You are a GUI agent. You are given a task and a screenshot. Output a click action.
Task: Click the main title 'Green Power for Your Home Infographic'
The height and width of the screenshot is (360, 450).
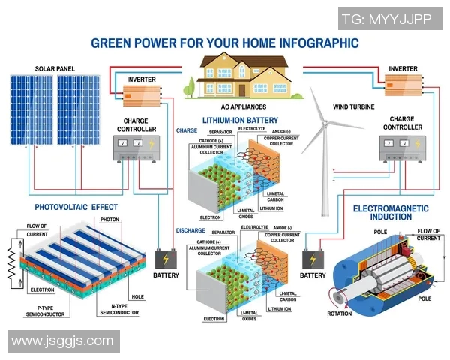click(224, 43)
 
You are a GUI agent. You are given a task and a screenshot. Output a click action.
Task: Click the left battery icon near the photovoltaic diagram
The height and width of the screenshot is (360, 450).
click(165, 259)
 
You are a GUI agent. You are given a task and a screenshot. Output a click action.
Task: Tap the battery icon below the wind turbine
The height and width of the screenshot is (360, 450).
click(313, 259)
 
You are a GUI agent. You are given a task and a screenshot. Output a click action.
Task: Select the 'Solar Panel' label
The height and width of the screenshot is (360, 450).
click(55, 69)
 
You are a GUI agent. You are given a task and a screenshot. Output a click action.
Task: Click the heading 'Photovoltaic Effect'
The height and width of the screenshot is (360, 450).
click(76, 207)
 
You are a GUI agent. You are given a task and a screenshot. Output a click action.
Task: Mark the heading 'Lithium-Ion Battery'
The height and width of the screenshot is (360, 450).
click(240, 120)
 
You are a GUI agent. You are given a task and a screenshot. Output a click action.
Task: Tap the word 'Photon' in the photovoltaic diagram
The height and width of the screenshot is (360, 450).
click(110, 220)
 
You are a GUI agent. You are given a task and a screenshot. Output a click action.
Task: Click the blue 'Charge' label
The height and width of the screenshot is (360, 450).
click(187, 130)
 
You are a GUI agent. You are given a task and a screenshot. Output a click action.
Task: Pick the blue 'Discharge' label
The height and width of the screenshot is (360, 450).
click(190, 230)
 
